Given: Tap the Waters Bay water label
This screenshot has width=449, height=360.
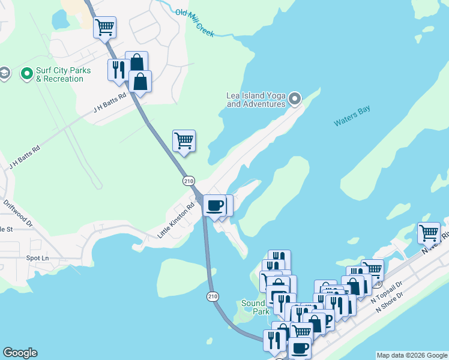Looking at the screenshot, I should (352, 116).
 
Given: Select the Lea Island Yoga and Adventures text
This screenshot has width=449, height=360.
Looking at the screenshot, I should (256, 100).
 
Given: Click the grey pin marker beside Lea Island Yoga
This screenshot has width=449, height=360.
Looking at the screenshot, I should (295, 98).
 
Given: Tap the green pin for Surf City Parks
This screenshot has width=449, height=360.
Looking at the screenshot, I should (26, 74).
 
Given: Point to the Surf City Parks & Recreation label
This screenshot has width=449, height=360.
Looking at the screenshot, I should (63, 74).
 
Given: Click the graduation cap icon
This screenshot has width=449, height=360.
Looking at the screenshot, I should (4, 73).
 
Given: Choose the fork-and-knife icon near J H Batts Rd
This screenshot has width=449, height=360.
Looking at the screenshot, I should (117, 70).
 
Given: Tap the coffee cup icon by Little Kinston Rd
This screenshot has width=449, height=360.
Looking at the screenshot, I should (215, 205).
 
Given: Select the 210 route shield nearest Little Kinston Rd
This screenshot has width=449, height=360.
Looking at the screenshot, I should (188, 181).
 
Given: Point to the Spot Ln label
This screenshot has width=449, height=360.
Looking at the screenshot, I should (38, 258).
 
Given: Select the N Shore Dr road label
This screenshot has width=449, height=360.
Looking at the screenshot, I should (391, 304).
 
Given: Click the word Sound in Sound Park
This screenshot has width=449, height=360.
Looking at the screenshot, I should (253, 303).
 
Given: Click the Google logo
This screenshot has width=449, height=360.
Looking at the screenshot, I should (20, 353).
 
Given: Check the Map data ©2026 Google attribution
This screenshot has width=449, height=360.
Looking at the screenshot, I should (412, 355).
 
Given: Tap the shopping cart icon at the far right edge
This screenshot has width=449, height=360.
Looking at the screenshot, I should (429, 232).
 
